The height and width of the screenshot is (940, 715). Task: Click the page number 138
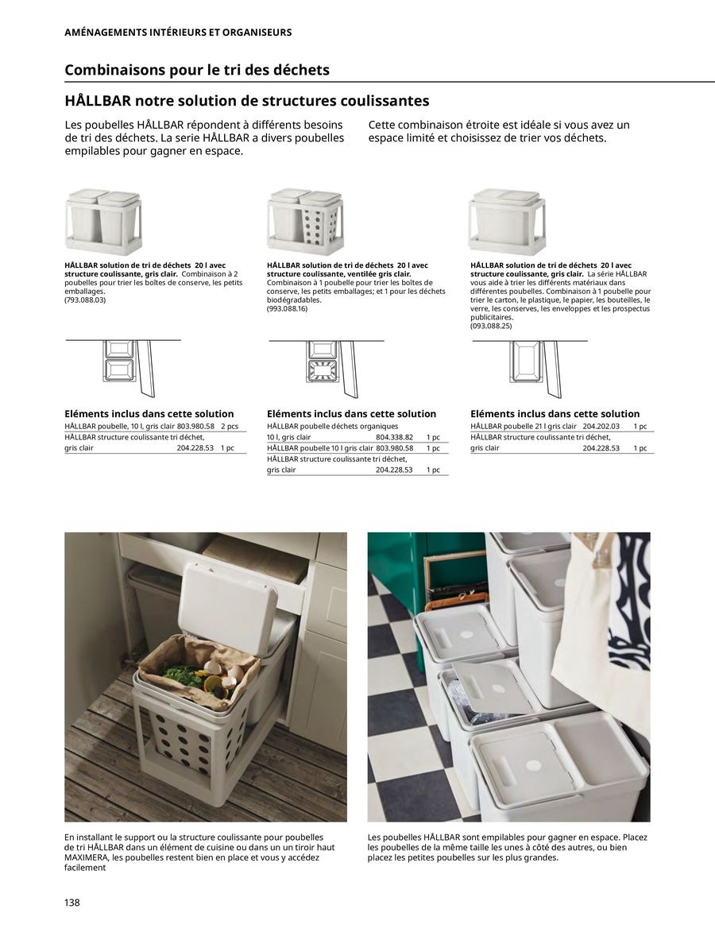coord(72,903)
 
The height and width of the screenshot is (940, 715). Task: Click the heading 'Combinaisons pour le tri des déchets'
coord(196,70)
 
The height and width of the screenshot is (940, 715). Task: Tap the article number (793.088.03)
coord(85,300)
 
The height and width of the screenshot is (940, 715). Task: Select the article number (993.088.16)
coord(288,308)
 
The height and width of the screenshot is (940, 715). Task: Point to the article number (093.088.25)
coord(491,326)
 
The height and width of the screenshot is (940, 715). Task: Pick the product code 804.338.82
coord(394,437)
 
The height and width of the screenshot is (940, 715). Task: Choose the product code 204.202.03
coord(601,426)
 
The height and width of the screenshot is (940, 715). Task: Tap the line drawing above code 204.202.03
coord(528,368)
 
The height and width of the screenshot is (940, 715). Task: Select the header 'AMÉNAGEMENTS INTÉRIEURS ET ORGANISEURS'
coord(178,33)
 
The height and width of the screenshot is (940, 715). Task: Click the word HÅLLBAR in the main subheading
coord(98,101)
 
